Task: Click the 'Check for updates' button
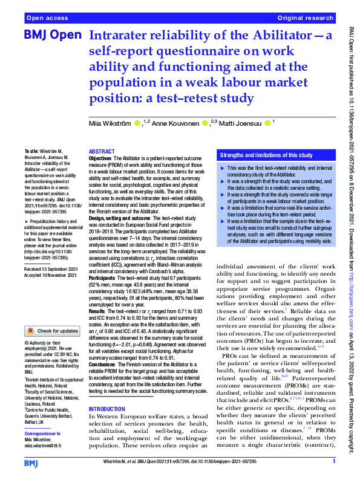53,331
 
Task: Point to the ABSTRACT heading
101,152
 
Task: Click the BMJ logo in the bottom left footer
33,462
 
